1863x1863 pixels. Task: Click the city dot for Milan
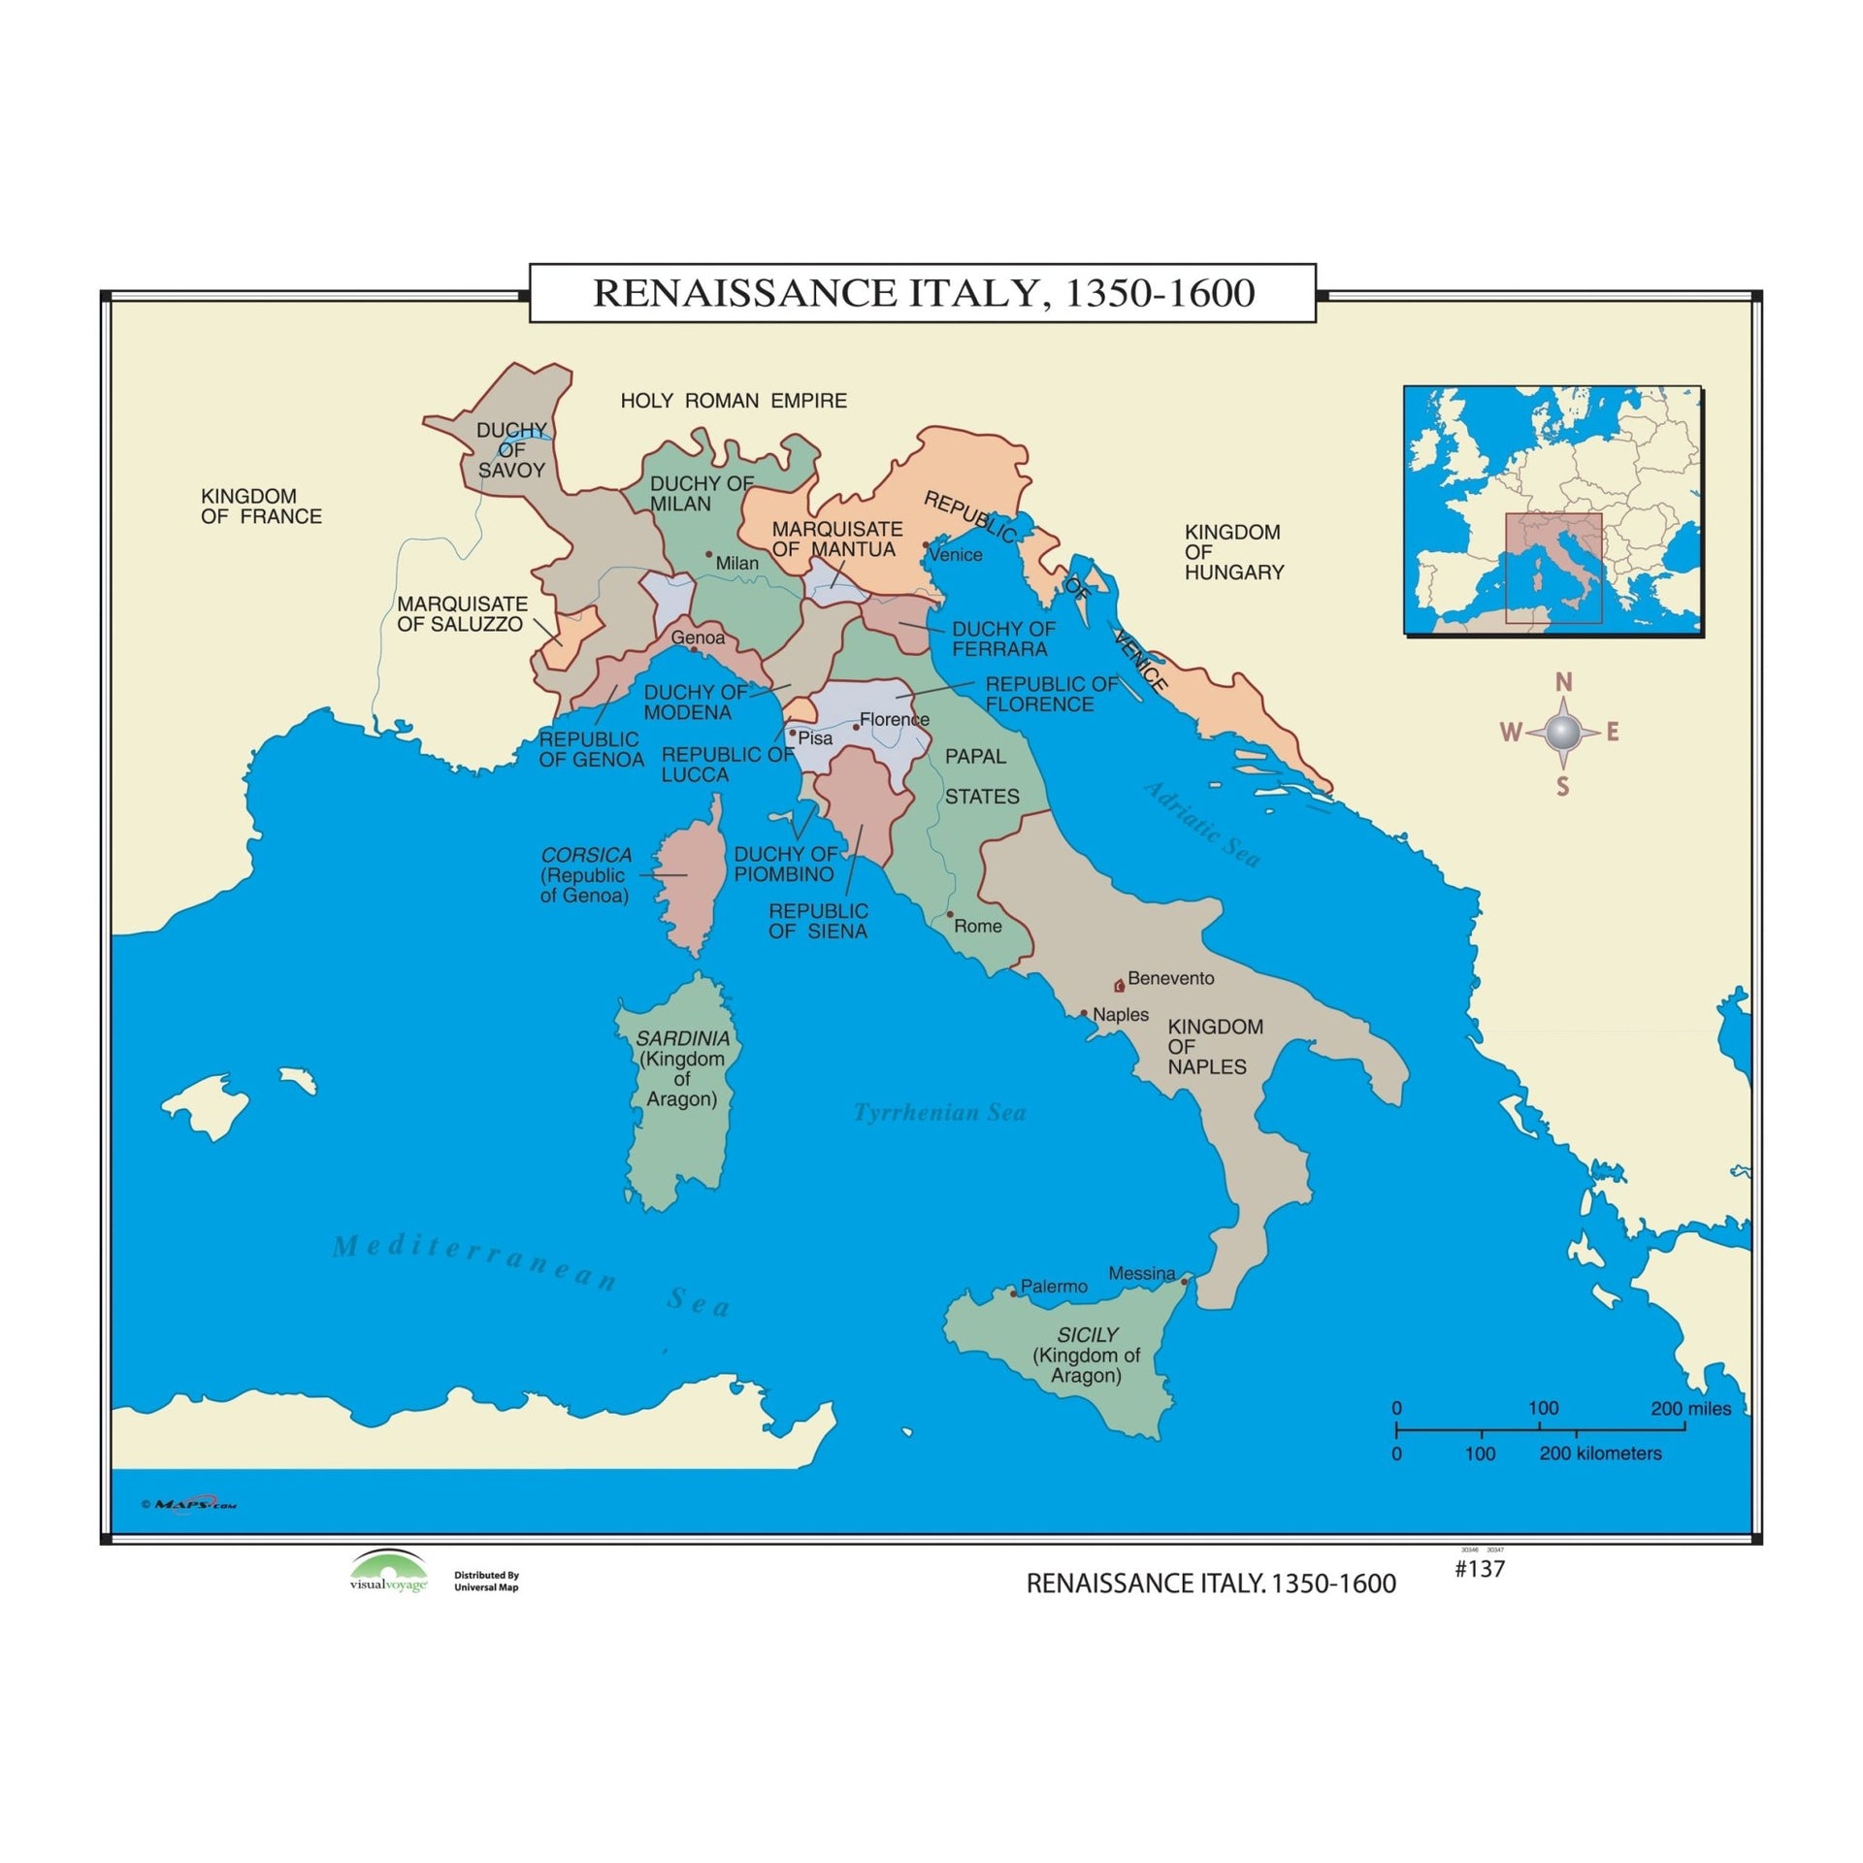(x=708, y=555)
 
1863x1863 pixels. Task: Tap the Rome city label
(x=977, y=927)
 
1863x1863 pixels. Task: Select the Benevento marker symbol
(x=1119, y=986)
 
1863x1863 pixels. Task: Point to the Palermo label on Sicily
(x=1054, y=1287)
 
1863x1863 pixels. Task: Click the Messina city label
(x=1141, y=1273)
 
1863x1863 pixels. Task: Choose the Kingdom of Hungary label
(x=1233, y=552)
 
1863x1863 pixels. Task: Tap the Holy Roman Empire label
(x=734, y=401)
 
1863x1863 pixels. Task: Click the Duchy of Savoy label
(x=511, y=450)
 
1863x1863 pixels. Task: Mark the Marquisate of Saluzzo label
(x=462, y=614)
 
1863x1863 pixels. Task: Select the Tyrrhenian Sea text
(x=939, y=1113)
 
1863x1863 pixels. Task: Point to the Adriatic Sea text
(x=1202, y=825)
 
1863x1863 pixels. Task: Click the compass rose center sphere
(x=1562, y=733)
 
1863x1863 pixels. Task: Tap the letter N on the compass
(x=1563, y=683)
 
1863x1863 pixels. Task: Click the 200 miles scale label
(x=1690, y=1409)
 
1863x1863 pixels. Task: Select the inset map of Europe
(x=1552, y=510)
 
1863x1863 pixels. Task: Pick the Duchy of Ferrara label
(x=1003, y=639)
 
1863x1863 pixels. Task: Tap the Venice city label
(x=955, y=555)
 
